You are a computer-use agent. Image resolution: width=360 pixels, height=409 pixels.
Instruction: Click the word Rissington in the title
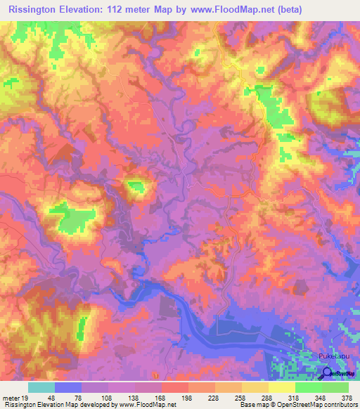tap(32, 8)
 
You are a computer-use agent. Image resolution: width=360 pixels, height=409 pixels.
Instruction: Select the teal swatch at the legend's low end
tap(41, 387)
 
